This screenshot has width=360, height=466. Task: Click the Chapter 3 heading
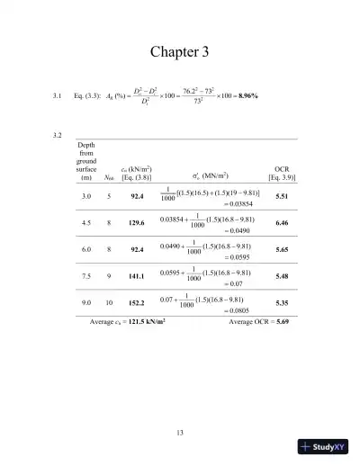179,52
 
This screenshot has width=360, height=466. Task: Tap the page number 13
180,434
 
